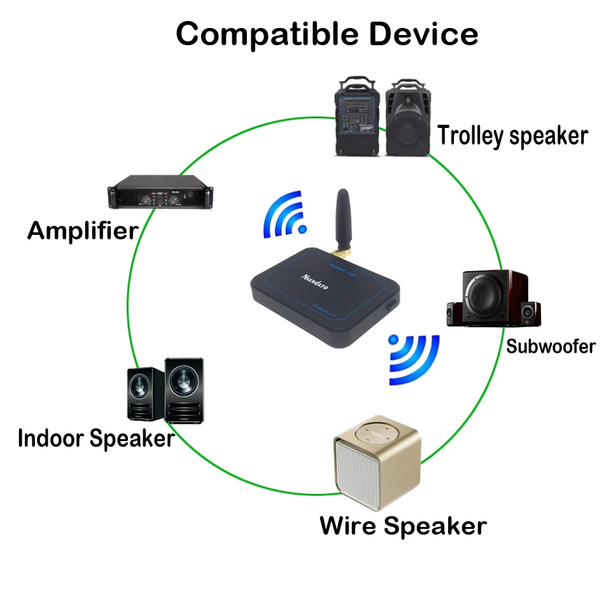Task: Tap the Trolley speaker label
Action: coord(512,136)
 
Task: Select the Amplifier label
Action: coord(83,230)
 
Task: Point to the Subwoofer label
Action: coord(551,346)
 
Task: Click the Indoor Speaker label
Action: coord(95,438)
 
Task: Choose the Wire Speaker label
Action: coord(403,526)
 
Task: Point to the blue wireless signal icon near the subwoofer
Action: coord(414,360)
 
